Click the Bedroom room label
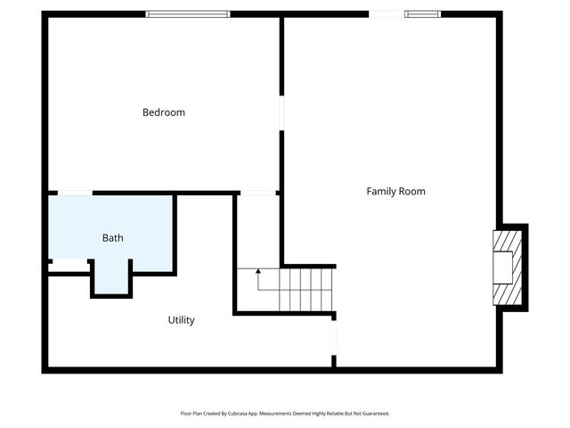click(x=164, y=112)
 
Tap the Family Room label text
click(x=395, y=191)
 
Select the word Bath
click(x=113, y=238)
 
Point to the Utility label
click(x=182, y=320)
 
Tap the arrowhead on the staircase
click(x=258, y=269)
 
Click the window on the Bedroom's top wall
click(x=188, y=14)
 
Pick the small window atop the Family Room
click(x=422, y=14)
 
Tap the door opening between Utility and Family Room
click(x=334, y=340)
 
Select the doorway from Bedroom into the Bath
click(x=75, y=193)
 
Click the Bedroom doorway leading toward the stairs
click(x=258, y=193)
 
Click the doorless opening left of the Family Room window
click(x=385, y=14)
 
